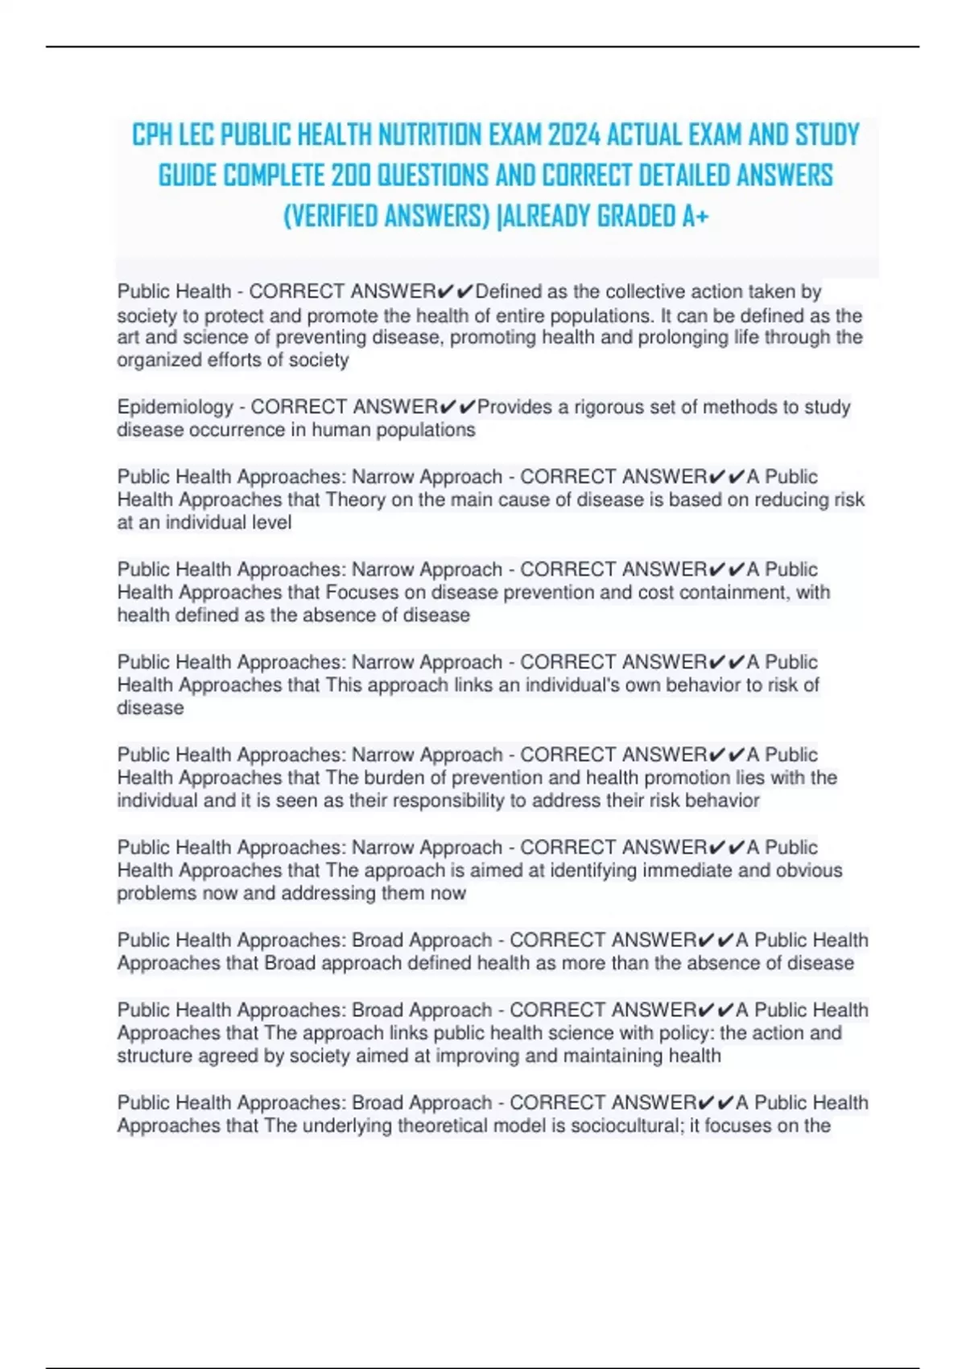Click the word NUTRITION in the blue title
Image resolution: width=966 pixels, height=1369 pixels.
coord(434,135)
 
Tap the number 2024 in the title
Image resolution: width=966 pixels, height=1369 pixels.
coord(574,135)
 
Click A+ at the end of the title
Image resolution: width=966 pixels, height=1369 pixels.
coord(695,217)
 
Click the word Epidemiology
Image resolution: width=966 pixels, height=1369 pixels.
coord(175,407)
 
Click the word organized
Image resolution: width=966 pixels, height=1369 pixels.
coord(158,361)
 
